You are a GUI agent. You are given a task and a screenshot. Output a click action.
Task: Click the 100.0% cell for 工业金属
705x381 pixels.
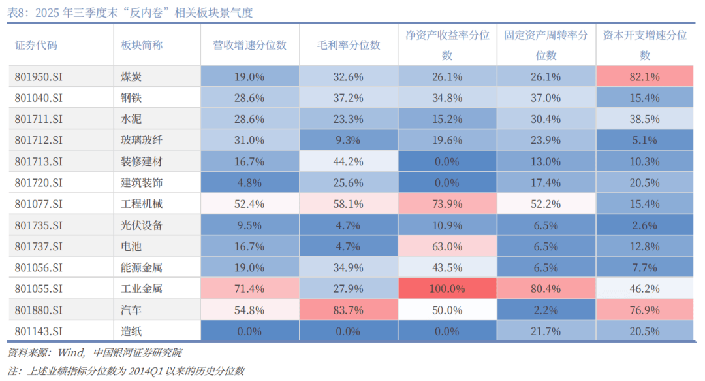click(x=447, y=288)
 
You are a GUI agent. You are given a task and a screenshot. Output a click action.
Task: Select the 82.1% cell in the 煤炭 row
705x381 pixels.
click(x=645, y=76)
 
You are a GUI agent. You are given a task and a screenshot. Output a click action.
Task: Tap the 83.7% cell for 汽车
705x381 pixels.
click(x=349, y=310)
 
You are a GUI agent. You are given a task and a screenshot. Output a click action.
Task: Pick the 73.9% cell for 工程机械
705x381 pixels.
click(x=447, y=204)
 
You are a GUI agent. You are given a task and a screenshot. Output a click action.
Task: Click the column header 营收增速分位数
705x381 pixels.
click(x=250, y=45)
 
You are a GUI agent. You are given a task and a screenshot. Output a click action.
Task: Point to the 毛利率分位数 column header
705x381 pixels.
click(x=349, y=45)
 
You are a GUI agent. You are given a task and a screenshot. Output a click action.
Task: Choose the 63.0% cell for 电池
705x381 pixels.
click(x=447, y=246)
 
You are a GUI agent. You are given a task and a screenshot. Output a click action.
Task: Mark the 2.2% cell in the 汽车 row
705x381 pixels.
click(x=546, y=310)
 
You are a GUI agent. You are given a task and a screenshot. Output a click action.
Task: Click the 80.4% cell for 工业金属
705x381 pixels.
click(x=546, y=288)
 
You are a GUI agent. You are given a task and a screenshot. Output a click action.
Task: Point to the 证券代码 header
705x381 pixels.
click(x=37, y=45)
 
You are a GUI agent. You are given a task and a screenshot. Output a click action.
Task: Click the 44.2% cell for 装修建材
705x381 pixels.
click(x=349, y=161)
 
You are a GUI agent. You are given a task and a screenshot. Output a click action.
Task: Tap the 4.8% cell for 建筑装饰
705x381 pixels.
click(x=250, y=182)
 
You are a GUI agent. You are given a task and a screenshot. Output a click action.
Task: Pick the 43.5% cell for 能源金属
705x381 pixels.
click(x=447, y=267)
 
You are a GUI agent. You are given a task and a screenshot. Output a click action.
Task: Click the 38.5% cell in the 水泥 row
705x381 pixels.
click(x=645, y=119)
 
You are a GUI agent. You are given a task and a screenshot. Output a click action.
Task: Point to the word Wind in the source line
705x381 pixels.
click(x=71, y=353)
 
